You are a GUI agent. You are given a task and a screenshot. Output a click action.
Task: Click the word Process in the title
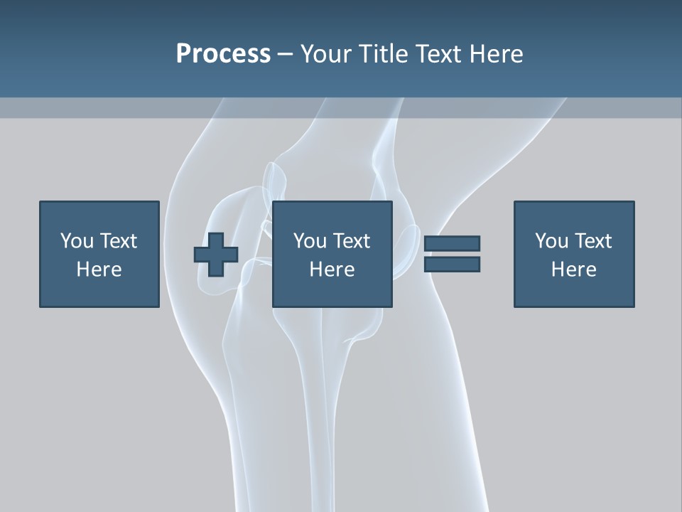tap(223, 54)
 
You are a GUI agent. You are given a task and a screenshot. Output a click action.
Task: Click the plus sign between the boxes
tap(216, 255)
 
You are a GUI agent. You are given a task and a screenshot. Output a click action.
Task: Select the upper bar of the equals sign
tap(452, 244)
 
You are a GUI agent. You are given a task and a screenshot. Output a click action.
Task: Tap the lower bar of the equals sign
tap(452, 265)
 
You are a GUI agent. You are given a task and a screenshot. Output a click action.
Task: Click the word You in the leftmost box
tap(76, 241)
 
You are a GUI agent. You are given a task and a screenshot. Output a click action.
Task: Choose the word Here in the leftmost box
tap(99, 270)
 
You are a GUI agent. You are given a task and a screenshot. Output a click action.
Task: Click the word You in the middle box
tap(309, 241)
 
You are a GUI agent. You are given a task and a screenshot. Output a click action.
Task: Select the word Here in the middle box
tap(332, 270)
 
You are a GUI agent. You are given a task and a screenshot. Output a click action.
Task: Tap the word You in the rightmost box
tap(551, 241)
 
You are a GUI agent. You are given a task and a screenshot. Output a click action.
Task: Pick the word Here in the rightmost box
tap(573, 270)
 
